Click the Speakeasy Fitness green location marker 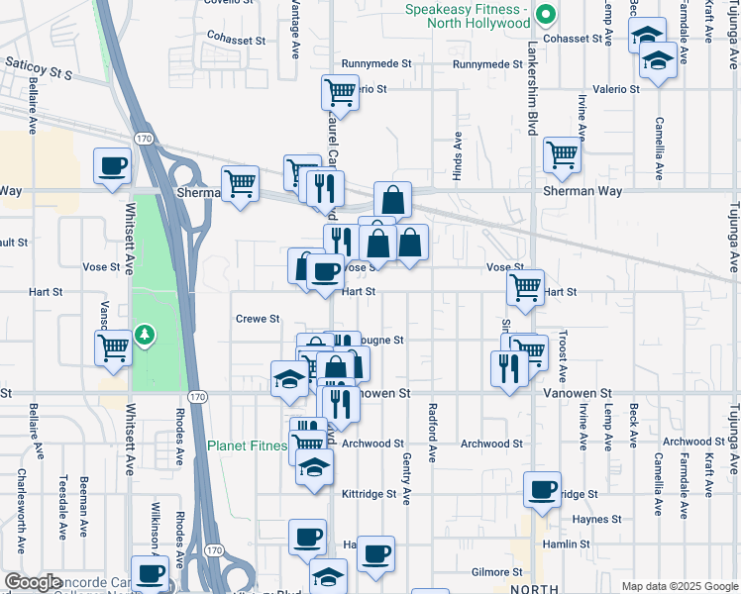543,15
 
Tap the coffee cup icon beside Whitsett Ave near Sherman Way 112,165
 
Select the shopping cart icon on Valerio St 339,92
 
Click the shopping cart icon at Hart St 525,288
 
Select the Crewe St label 258,319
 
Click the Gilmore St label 496,572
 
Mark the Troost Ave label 562,356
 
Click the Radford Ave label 432,433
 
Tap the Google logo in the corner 34,582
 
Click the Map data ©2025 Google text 679,585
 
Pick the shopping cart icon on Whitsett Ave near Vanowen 113,347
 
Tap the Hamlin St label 564,544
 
